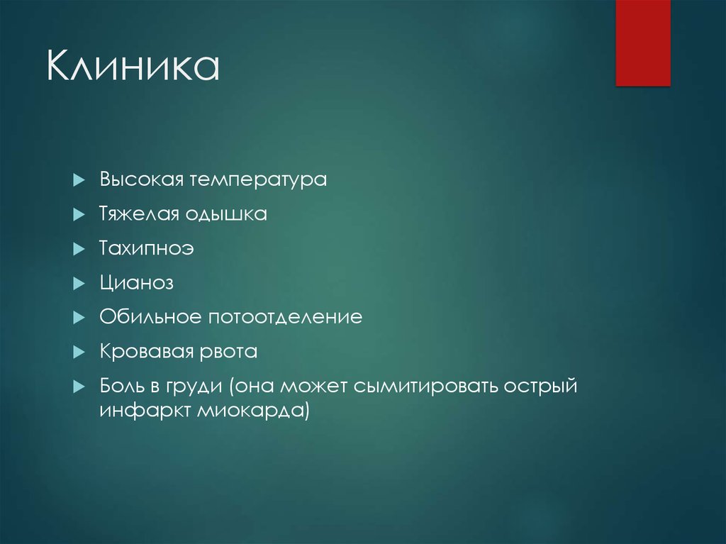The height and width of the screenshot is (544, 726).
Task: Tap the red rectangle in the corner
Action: [642, 43]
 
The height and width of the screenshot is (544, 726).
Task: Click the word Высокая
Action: [140, 179]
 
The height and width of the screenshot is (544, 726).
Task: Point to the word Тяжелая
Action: [139, 215]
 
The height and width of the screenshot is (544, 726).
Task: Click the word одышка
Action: [226, 215]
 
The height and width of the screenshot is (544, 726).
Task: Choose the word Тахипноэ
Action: [147, 249]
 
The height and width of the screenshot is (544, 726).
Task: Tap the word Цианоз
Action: [136, 283]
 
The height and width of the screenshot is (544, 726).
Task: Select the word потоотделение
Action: [285, 318]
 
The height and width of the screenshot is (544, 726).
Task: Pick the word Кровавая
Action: [145, 352]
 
